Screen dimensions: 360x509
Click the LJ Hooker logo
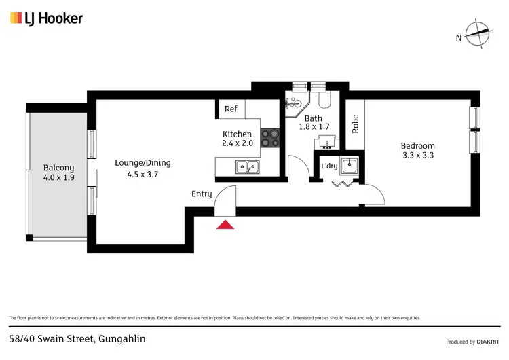pos(46,18)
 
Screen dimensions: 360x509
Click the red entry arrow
pos(225,223)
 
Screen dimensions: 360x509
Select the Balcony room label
pos(58,168)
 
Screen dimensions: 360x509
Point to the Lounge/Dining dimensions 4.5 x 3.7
pos(142,174)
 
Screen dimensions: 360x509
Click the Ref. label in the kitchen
pos(231,109)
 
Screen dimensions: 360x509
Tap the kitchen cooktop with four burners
pos(271,138)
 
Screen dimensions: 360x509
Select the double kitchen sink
pos(246,166)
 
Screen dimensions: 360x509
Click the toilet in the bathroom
pos(324,101)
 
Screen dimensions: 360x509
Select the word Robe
pos(355,123)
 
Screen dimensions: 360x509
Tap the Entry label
pos(202,194)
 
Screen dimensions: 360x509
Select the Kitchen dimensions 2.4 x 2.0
pos(237,144)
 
